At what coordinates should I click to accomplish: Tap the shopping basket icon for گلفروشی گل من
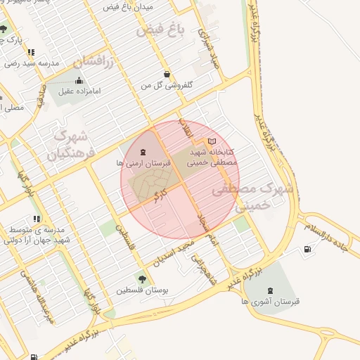click(167, 74)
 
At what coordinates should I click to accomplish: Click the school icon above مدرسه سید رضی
click(31, 52)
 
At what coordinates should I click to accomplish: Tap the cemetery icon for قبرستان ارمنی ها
click(144, 152)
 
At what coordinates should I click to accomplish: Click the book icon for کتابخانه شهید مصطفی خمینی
click(212, 142)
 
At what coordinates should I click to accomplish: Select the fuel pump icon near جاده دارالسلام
click(307, 250)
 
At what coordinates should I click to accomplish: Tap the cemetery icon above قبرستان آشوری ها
click(271, 290)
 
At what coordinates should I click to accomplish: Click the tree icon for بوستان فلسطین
click(144, 278)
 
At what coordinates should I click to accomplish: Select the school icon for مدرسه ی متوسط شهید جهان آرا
click(37, 219)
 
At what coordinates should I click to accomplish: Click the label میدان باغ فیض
click(132, 7)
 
